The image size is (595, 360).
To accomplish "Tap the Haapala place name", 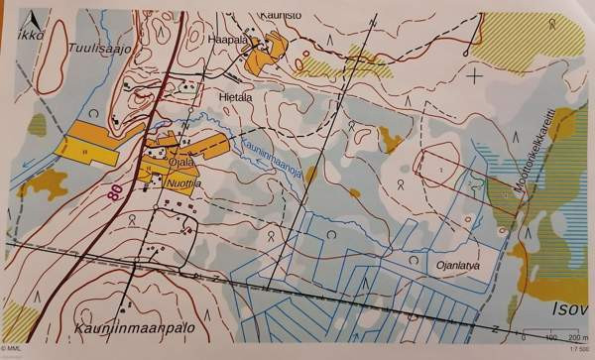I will [x=226, y=41].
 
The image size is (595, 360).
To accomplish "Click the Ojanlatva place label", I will [x=457, y=265].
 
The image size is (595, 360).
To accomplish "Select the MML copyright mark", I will [x=13, y=350].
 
